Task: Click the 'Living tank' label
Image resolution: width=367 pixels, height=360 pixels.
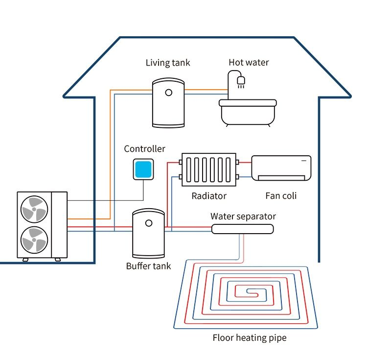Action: point(168,63)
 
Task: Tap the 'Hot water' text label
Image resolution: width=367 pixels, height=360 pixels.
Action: point(249,63)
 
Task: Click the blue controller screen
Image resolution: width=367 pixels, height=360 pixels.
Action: point(144,169)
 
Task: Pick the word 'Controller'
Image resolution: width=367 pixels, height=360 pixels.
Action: point(144,149)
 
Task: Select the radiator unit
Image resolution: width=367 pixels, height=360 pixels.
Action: point(209,169)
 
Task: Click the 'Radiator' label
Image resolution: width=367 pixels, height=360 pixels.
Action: point(209,196)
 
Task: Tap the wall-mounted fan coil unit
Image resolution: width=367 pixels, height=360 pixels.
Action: point(281,168)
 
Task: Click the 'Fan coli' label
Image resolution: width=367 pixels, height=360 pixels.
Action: point(281,196)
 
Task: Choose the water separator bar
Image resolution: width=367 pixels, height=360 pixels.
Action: point(242,229)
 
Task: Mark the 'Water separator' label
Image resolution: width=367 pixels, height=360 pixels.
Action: point(243,216)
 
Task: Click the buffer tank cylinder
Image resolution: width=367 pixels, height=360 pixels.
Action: point(148,234)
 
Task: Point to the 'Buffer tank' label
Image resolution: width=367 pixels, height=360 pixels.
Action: point(148,266)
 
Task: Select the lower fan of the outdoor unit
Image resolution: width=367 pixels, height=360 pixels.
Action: point(34,240)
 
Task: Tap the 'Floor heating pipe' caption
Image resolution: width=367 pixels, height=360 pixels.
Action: point(249,337)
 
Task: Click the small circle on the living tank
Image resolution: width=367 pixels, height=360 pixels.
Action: point(168,92)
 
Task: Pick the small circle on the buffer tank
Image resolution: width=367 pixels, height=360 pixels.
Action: point(149,223)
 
